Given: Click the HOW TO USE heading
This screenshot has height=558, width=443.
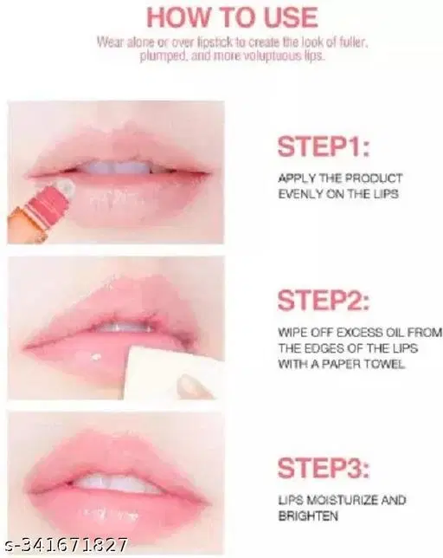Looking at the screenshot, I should (x=232, y=16).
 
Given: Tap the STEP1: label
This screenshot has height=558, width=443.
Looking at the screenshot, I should (x=324, y=146).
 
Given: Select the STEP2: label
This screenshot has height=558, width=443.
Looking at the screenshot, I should (x=324, y=302).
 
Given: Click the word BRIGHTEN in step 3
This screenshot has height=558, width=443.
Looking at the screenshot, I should (x=308, y=516).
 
